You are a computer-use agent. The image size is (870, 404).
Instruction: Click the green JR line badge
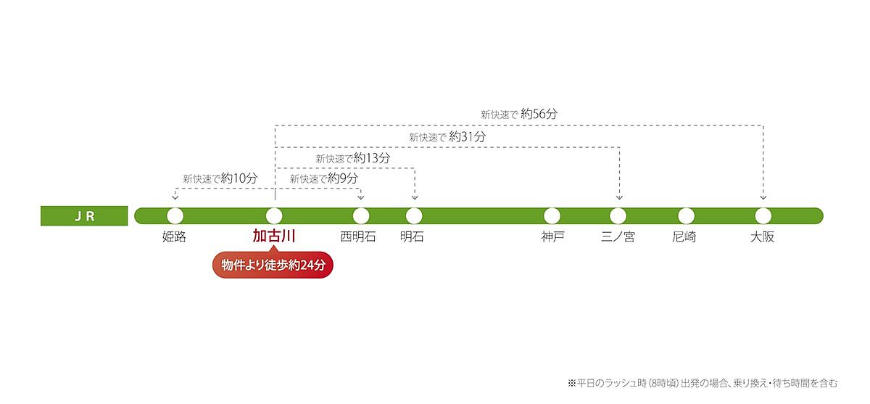(84, 216)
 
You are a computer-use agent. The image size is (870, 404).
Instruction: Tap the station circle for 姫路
(175, 216)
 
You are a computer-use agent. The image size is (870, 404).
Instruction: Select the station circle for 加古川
(274, 216)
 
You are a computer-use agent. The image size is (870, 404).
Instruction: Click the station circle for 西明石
(361, 216)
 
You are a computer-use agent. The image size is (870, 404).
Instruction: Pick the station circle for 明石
(414, 216)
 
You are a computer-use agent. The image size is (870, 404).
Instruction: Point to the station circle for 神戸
(552, 216)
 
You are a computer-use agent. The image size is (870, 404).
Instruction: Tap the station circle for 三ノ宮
(618, 216)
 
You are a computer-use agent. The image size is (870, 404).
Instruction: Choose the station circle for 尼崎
(687, 216)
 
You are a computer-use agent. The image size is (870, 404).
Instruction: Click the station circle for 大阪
(763, 216)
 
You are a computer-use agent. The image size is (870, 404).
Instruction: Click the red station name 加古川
(274, 236)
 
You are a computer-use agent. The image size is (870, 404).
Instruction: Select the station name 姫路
(174, 236)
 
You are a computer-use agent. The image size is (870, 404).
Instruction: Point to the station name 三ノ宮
(618, 236)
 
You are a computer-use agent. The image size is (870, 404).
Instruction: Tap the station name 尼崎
(684, 236)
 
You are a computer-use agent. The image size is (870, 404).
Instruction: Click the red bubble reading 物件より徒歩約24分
(273, 265)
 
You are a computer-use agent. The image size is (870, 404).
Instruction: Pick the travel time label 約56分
(539, 114)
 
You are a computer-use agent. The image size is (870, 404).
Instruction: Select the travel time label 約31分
(467, 136)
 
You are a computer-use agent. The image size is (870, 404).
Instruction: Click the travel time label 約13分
(372, 157)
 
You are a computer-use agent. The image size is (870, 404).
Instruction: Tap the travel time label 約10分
(239, 178)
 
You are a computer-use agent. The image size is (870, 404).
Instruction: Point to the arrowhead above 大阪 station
(763, 197)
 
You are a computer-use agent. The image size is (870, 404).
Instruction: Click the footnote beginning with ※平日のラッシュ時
(703, 384)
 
